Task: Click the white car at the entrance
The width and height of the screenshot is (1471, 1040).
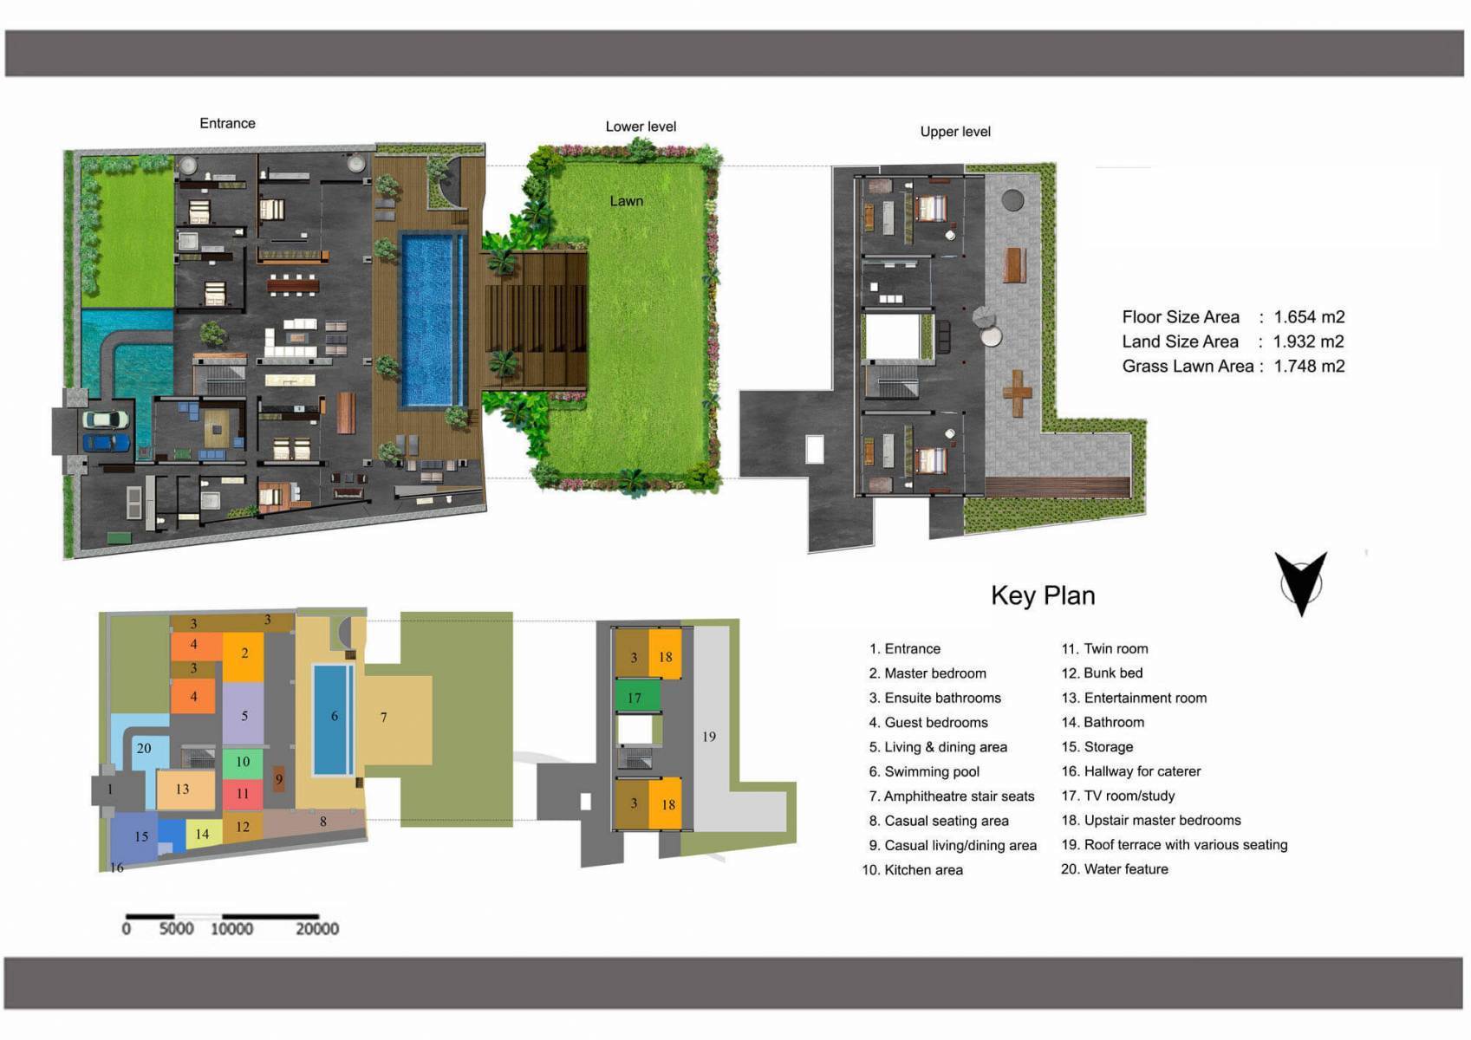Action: pyautogui.click(x=106, y=419)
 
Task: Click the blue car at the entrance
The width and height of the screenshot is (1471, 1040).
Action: pyautogui.click(x=106, y=443)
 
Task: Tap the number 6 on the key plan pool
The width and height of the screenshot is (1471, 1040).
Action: pyautogui.click(x=334, y=716)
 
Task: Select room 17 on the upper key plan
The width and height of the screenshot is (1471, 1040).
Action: pyautogui.click(x=635, y=697)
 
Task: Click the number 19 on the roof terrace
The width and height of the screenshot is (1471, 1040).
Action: pyautogui.click(x=709, y=737)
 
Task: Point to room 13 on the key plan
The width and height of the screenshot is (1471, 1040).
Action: pyautogui.click(x=183, y=790)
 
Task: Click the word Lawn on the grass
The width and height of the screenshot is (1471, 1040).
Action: pyautogui.click(x=626, y=201)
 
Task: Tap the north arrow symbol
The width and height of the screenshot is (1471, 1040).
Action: pyautogui.click(x=1300, y=582)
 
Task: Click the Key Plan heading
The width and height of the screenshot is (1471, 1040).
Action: pyautogui.click(x=1043, y=595)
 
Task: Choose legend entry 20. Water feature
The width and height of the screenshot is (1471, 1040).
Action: pyautogui.click(x=1115, y=869)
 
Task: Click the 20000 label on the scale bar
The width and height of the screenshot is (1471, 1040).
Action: pyautogui.click(x=317, y=929)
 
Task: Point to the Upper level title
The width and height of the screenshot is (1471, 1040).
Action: pyautogui.click(x=955, y=132)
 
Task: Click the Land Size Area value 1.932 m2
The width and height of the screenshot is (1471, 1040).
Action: pyautogui.click(x=1308, y=341)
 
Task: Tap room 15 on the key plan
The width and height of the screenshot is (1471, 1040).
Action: pyautogui.click(x=141, y=836)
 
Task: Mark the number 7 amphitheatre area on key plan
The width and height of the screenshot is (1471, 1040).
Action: pyautogui.click(x=384, y=718)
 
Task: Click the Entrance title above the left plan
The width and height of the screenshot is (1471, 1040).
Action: pyautogui.click(x=227, y=123)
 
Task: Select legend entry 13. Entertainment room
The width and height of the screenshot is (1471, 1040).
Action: pyautogui.click(x=1134, y=698)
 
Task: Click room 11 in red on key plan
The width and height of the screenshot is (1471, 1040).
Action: pyautogui.click(x=243, y=793)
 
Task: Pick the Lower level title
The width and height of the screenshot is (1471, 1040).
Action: pyautogui.click(x=641, y=127)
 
